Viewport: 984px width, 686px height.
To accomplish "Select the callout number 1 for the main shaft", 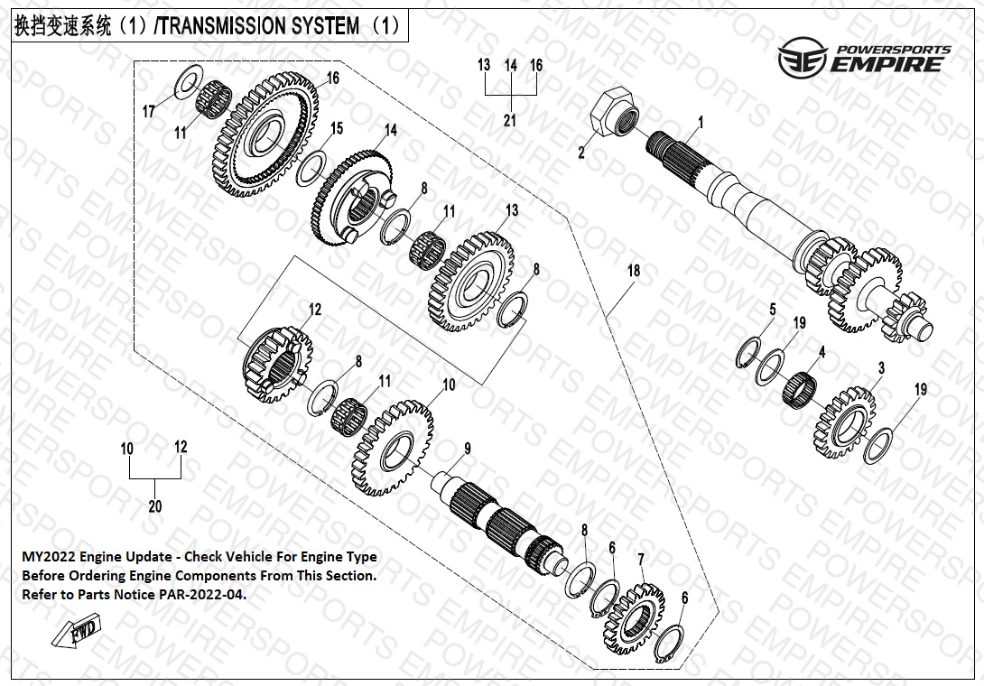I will (701, 122).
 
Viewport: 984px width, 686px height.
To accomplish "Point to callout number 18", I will (634, 270).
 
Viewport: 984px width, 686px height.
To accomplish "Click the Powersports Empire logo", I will (865, 57).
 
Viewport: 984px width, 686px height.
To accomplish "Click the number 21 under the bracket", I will (510, 121).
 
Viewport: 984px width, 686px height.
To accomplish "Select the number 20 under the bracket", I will (154, 506).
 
